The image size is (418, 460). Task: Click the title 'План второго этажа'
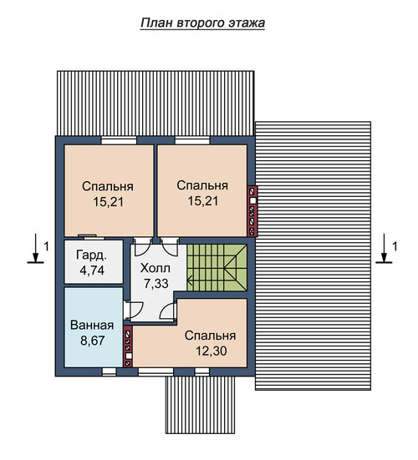tap(202, 23)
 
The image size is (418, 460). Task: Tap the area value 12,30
tap(212, 351)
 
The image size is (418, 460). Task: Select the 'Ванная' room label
tap(92, 326)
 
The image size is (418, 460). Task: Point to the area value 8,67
tap(93, 341)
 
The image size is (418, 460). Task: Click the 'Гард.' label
tap(91, 255)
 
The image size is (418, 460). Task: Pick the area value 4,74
tap(92, 270)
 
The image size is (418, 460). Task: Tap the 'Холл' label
tap(155, 268)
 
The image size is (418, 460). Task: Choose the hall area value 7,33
tap(156, 284)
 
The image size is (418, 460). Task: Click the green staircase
tap(217, 267)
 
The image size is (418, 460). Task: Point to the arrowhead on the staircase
tap(190, 281)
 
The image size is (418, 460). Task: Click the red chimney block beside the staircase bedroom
tap(252, 211)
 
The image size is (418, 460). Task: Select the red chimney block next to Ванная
tap(128, 347)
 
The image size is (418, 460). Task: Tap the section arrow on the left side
tap(36, 248)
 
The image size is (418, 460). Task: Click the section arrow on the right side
tap(384, 248)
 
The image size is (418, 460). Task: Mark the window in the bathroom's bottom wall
tap(110, 372)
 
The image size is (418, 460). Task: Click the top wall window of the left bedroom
tap(119, 140)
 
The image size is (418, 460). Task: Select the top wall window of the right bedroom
tap(192, 140)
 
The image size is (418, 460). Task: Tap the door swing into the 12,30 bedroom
tap(168, 311)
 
